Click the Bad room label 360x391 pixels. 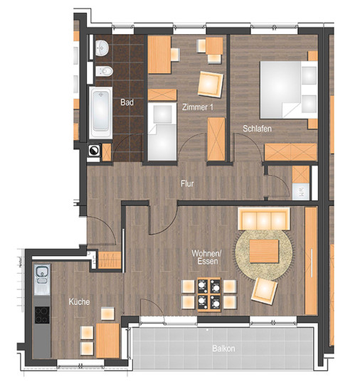[x=127, y=102]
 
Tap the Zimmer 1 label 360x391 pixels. [x=198, y=107]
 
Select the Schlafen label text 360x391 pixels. [x=257, y=129]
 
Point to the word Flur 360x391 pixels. [x=187, y=184]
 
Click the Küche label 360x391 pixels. [x=79, y=301]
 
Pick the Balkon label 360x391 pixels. [x=223, y=348]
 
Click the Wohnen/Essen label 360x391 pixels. [x=206, y=257]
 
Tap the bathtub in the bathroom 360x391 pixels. [x=101, y=113]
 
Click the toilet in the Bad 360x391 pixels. [x=105, y=71]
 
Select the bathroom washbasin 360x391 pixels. [x=102, y=48]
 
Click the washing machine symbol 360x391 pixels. [x=94, y=151]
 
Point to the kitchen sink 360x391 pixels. [x=42, y=279]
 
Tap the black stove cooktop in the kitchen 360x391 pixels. [x=42, y=315]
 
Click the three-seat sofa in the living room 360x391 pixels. [x=264, y=219]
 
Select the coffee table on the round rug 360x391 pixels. [x=264, y=252]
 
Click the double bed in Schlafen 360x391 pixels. [x=289, y=90]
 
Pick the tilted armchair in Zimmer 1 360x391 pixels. [x=211, y=85]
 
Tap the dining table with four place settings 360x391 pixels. [x=209, y=294]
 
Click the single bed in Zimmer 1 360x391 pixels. [x=162, y=132]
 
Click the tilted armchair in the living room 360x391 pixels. [x=264, y=291]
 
